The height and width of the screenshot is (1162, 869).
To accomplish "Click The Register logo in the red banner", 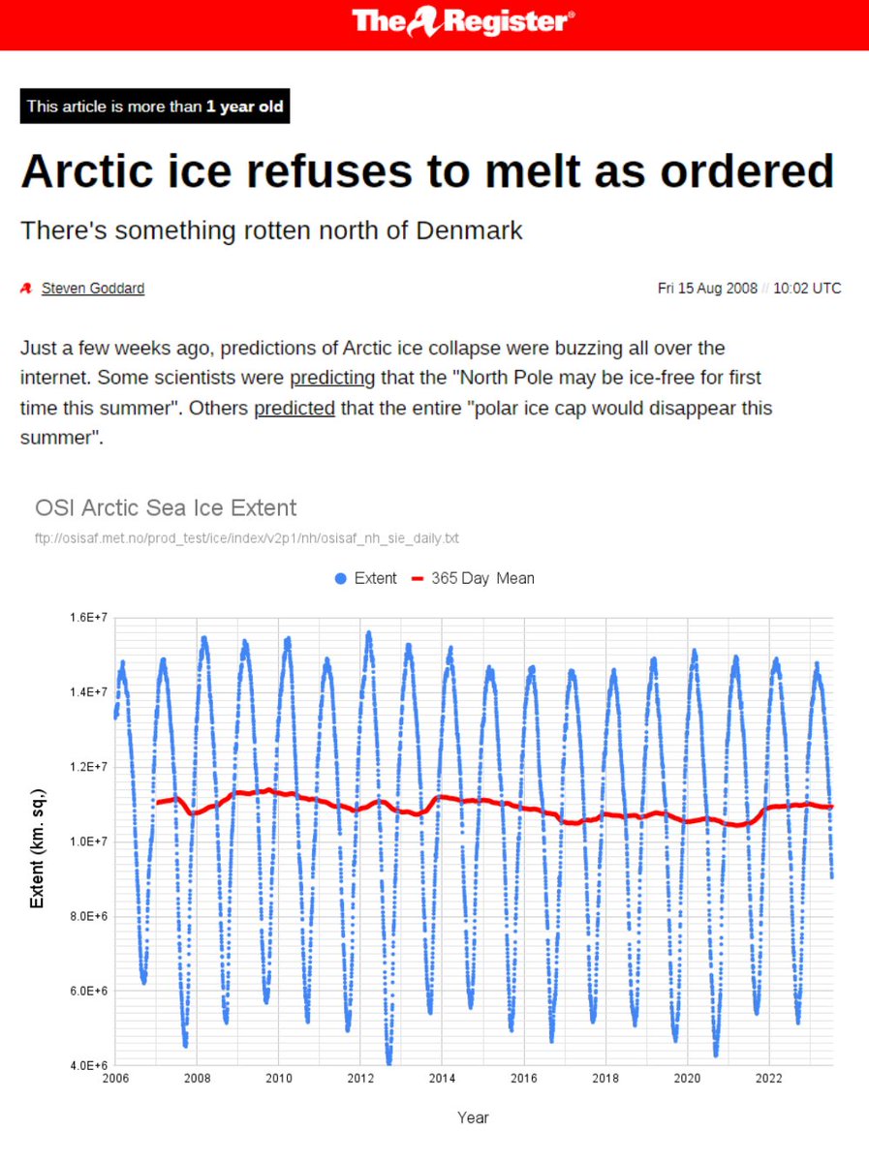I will pyautogui.click(x=463, y=21).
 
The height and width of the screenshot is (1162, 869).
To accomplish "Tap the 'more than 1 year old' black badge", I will pyautogui.click(x=155, y=107).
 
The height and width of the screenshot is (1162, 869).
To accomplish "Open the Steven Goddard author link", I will pyautogui.click(x=93, y=289).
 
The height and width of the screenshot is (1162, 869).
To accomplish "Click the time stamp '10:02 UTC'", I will pyautogui.click(x=807, y=289).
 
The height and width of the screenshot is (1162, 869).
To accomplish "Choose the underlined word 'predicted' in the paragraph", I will pyautogui.click(x=295, y=408).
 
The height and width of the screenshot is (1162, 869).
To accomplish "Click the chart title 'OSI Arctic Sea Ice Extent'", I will pyautogui.click(x=166, y=507).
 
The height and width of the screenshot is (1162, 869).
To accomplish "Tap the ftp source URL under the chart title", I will pyautogui.click(x=246, y=537).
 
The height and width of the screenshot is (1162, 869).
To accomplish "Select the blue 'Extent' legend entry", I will pyautogui.click(x=366, y=578).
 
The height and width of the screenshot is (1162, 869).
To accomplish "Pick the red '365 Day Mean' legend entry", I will pyautogui.click(x=473, y=578).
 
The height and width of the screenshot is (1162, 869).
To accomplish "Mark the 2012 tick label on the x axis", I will pyautogui.click(x=360, y=1078).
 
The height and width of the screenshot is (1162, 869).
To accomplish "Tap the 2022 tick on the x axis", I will pyautogui.click(x=769, y=1078).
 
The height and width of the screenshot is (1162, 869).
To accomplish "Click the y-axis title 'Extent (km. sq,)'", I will pyautogui.click(x=38, y=841).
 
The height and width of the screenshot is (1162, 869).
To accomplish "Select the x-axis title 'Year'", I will pyautogui.click(x=473, y=1117).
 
